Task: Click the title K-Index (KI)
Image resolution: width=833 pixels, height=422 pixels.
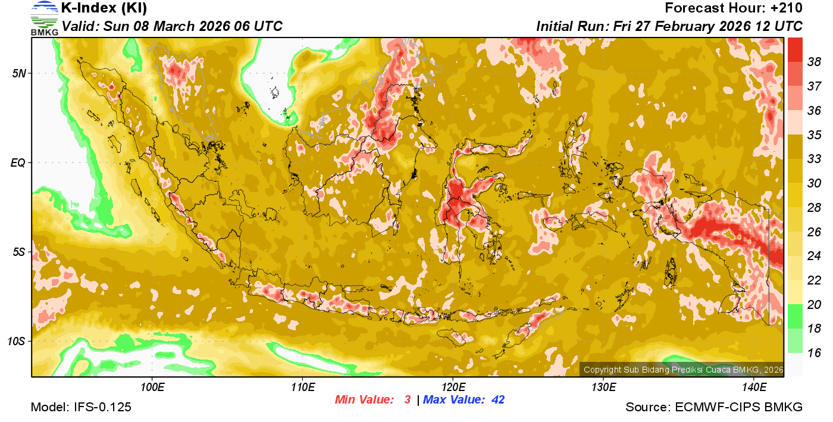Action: tap(104, 8)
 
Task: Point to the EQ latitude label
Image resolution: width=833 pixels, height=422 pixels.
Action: tap(18, 162)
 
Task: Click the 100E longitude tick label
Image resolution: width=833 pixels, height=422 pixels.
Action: tap(152, 388)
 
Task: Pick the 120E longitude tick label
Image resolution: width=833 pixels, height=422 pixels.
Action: tap(453, 388)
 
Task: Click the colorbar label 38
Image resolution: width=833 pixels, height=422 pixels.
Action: tap(814, 61)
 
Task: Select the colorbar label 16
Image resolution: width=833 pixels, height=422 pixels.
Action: tap(814, 353)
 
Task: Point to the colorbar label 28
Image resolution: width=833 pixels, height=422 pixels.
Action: tap(814, 207)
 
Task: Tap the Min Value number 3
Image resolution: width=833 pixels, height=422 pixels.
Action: tap(408, 400)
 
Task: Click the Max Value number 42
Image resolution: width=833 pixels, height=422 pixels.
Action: tap(497, 400)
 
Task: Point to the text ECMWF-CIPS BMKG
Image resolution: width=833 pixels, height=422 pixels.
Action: tap(738, 408)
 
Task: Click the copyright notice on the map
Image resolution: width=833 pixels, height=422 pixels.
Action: tap(683, 370)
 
